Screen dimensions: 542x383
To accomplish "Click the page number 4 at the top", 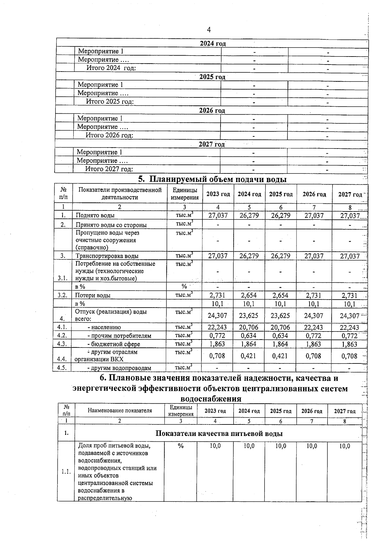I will click(x=209, y=30).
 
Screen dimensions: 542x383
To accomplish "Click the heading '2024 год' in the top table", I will click(x=213, y=43).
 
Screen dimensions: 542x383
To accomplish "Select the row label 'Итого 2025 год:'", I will click(x=109, y=102).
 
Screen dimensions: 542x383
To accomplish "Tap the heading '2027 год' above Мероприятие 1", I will click(x=212, y=144).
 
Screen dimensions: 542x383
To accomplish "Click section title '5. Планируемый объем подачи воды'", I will click(x=212, y=179).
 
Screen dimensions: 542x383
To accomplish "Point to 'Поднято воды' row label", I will click(x=95, y=216).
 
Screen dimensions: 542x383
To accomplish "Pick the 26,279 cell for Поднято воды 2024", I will click(x=249, y=216).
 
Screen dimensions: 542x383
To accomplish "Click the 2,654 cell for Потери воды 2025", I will click(x=281, y=295).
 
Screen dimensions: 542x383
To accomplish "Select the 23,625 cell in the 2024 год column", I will click(x=249, y=316).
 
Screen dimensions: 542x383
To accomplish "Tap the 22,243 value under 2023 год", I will click(x=217, y=327).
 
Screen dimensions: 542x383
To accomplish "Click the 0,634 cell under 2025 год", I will click(x=281, y=336).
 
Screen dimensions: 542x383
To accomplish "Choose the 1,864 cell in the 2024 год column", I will click(x=249, y=344).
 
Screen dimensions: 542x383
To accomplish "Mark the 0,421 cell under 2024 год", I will click(x=249, y=356).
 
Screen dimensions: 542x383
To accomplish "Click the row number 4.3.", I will click(x=62, y=344).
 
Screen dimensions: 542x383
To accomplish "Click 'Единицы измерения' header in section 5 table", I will click(x=184, y=194).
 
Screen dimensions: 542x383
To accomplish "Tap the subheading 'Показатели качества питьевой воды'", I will click(x=219, y=433).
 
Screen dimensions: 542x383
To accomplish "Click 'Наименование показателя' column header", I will click(x=120, y=411).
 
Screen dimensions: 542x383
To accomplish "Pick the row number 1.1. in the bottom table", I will click(x=66, y=471).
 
